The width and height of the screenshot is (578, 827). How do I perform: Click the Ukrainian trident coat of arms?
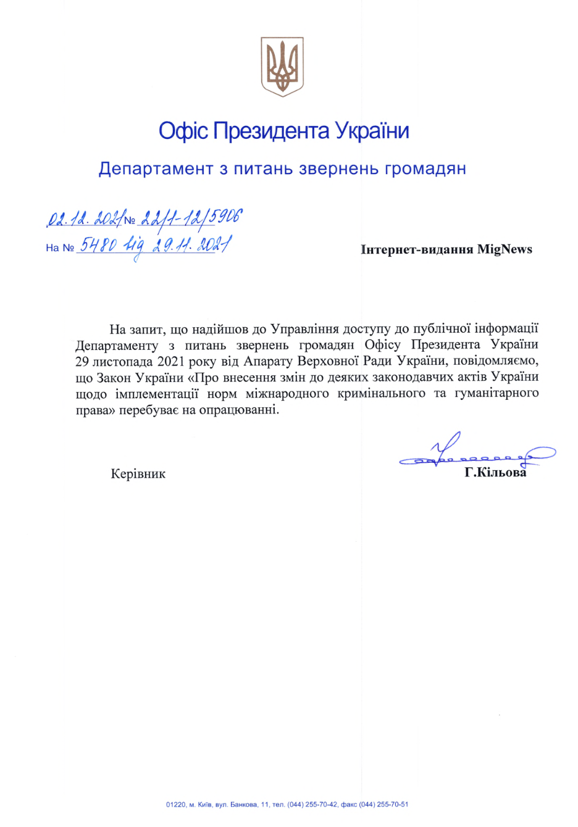tap(282, 66)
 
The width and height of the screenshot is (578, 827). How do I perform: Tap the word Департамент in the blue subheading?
tap(156, 168)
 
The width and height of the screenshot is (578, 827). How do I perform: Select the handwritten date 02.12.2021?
tap(85, 218)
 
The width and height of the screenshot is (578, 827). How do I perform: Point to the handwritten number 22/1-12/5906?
tap(191, 218)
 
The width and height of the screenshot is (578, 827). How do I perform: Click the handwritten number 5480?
tap(97, 246)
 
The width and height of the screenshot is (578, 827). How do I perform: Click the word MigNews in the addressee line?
tap(505, 249)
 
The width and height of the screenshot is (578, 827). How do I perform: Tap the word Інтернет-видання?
tap(417, 249)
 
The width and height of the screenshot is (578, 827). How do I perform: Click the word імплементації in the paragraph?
tap(157, 393)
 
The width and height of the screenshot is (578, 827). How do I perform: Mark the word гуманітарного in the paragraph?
tap(497, 393)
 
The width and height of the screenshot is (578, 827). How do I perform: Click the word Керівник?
tap(138, 474)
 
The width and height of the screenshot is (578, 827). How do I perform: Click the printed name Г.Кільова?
tap(495, 473)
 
